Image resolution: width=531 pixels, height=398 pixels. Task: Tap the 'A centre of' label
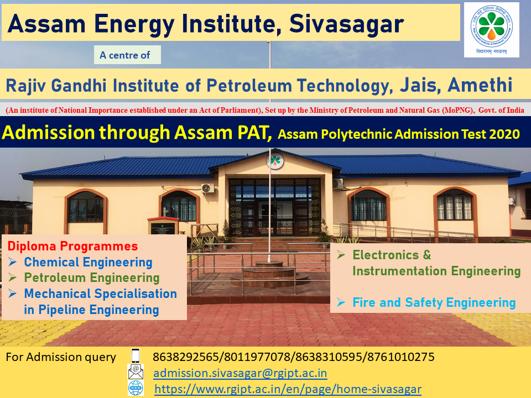[127, 55]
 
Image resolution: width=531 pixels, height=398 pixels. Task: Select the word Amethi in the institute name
[480, 86]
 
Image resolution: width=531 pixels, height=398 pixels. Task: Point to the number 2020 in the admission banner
[503, 134]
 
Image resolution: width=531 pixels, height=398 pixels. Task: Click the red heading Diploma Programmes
[72, 246]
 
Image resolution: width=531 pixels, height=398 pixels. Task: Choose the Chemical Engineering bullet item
[88, 262]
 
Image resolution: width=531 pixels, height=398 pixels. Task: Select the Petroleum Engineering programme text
[91, 277]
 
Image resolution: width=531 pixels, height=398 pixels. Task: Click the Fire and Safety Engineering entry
[434, 302]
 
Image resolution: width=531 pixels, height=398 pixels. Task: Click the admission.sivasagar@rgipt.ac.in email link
[240, 373]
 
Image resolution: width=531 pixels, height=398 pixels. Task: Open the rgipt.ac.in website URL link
[288, 389]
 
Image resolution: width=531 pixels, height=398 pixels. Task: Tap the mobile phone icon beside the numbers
[136, 357]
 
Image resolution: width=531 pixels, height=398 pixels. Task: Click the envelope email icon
[136, 372]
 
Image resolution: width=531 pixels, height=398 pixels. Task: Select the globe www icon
[136, 388]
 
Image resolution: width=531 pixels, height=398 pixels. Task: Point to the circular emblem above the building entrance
[274, 161]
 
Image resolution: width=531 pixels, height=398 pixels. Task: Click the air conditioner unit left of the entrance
[207, 188]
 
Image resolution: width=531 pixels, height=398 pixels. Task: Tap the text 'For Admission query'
[61, 357]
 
